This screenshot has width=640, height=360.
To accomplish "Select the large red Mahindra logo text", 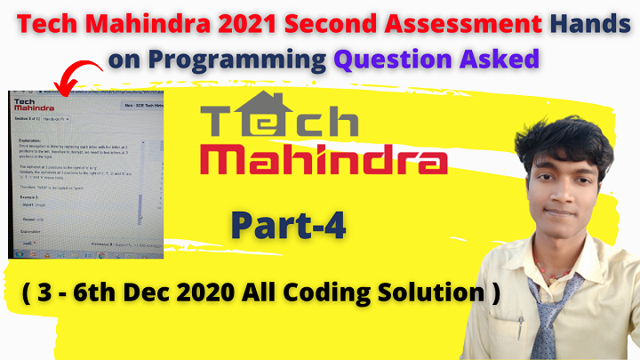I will click(324, 164).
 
